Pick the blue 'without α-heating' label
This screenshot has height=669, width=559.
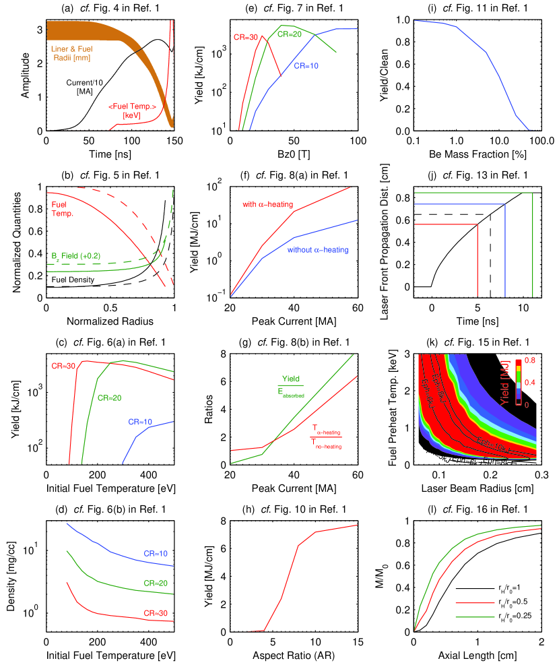coord(319,250)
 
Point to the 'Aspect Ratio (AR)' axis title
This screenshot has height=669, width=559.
coord(294,654)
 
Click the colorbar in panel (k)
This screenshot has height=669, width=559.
coord(519,381)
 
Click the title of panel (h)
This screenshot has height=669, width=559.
coord(294,509)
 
